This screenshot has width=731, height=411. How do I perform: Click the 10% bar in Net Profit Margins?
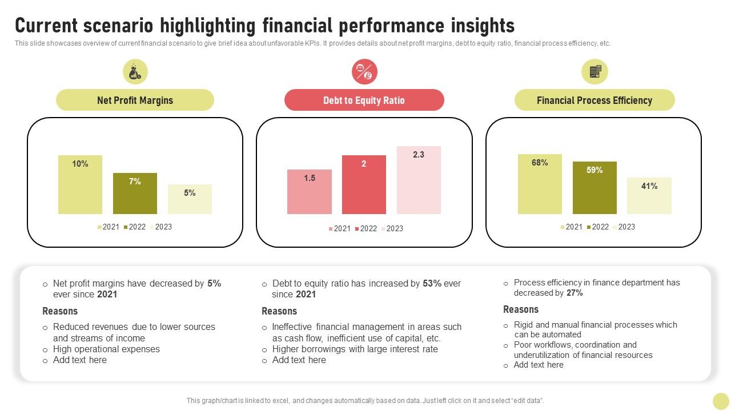(80, 185)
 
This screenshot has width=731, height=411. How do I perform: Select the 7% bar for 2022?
(135, 194)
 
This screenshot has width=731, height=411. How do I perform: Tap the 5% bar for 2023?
(190, 199)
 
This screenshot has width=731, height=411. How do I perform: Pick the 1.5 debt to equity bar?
(310, 192)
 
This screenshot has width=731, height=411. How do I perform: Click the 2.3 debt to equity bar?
(419, 180)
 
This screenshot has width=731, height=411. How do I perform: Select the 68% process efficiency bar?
(540, 184)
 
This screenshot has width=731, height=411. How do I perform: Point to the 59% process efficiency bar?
(595, 188)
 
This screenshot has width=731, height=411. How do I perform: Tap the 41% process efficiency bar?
(649, 196)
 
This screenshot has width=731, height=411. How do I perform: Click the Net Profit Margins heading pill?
(135, 100)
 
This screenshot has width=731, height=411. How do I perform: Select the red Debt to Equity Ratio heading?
(364, 100)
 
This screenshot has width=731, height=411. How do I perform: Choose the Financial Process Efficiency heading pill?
(595, 100)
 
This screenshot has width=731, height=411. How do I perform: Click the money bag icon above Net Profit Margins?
(135, 72)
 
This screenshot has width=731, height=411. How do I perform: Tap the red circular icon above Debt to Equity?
(364, 72)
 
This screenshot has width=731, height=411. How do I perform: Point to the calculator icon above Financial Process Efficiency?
(595, 72)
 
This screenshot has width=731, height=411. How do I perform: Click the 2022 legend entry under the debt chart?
(366, 228)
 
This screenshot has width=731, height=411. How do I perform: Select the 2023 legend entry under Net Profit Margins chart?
(160, 227)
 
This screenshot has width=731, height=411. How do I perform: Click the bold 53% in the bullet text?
(432, 283)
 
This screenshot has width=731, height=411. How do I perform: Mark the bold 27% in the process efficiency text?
(575, 293)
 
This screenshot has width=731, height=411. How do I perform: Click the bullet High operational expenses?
(106, 349)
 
